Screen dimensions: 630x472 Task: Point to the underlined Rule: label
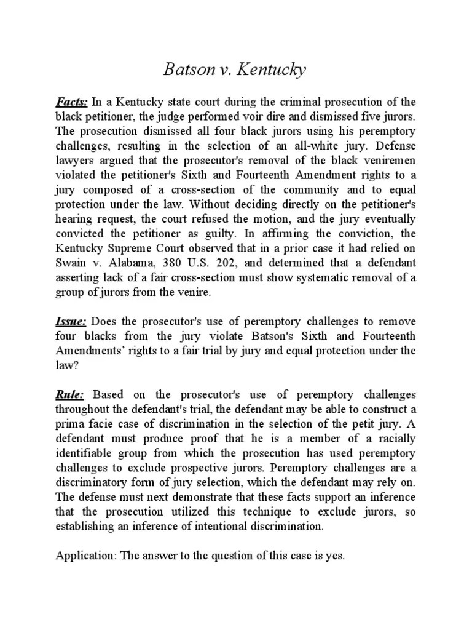(69, 394)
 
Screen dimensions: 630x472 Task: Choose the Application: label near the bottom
(83, 556)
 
